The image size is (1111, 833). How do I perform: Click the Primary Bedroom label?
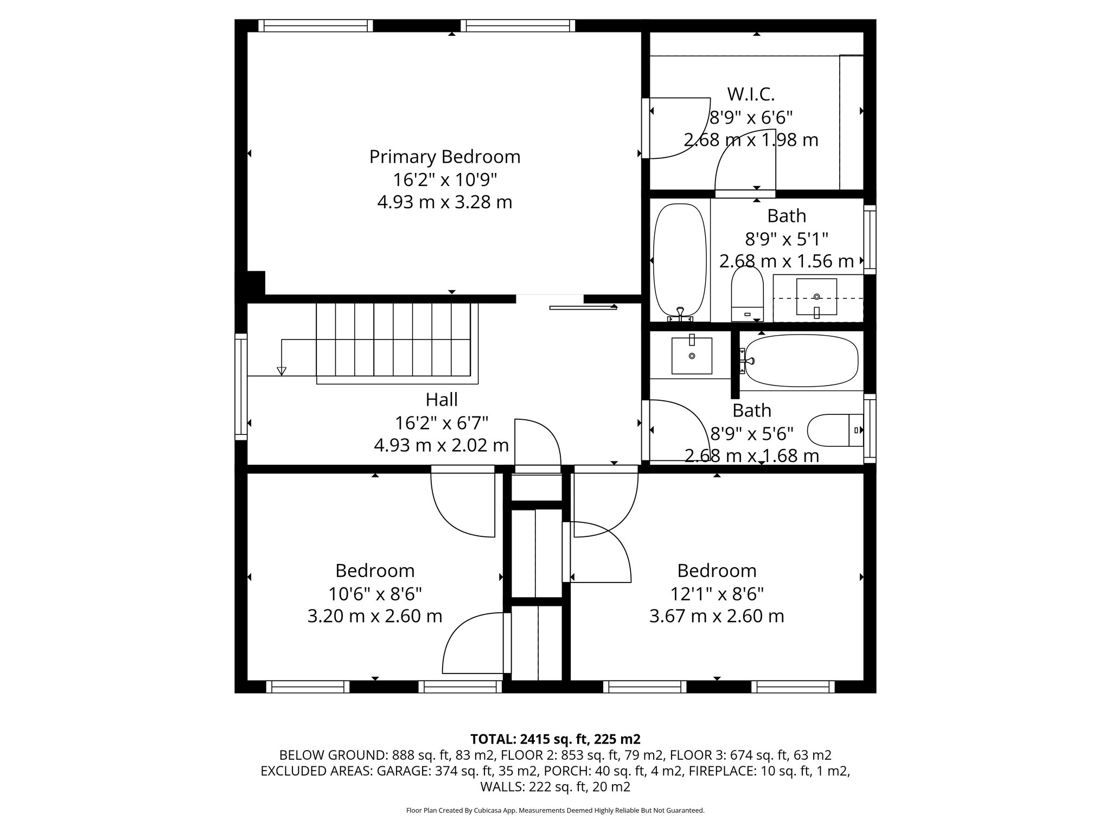(444, 157)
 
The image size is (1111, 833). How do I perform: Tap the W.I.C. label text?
(751, 94)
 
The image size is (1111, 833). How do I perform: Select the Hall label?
(441, 400)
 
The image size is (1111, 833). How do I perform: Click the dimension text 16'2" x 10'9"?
(444, 180)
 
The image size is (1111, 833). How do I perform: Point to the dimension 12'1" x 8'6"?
(717, 594)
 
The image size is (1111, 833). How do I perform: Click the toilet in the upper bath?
(747, 296)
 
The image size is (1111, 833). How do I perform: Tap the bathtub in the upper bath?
(680, 260)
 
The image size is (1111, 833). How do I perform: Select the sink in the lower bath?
(692, 355)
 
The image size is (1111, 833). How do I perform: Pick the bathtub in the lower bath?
(801, 361)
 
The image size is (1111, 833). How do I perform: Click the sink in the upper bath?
(816, 297)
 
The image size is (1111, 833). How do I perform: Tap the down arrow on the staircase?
(281, 371)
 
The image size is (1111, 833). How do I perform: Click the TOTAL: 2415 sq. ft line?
(555, 739)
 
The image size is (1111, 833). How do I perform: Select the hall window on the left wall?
(241, 386)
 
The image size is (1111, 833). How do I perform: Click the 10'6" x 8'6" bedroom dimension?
(374, 594)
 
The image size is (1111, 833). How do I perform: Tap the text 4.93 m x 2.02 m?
(441, 446)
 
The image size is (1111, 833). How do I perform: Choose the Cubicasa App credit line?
(555, 811)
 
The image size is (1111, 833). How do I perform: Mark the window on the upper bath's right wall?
(870, 239)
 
